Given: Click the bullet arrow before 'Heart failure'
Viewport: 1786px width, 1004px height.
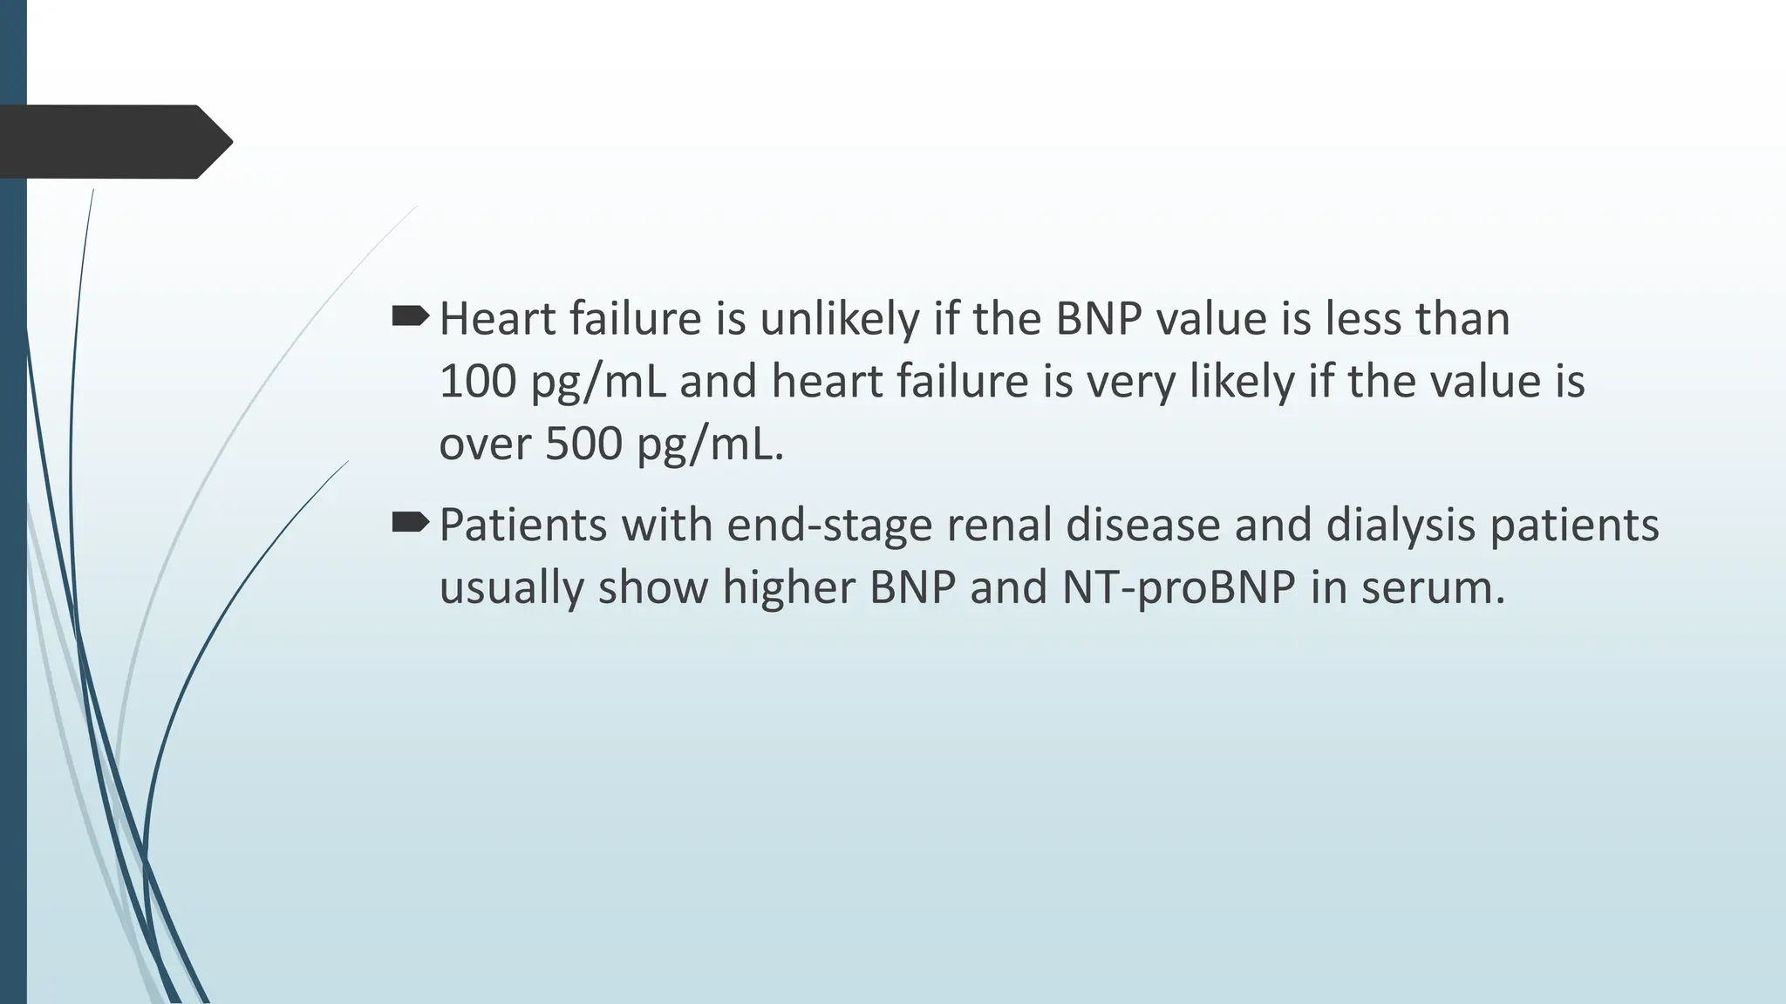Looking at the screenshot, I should pos(410,316).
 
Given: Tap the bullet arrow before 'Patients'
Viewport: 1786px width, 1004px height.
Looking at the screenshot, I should pos(410,523).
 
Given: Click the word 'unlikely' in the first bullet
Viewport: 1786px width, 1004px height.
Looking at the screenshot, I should pos(839,319).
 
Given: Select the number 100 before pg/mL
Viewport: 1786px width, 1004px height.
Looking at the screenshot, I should pos(477,382).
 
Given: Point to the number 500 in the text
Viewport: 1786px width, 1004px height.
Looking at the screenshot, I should pos(583,444).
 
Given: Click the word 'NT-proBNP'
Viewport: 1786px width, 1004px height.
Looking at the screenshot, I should pos(1178,587).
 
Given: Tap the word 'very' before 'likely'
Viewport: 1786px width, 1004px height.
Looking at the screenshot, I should pos(1131,383).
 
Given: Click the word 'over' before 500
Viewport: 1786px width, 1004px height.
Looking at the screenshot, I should pos(485,444).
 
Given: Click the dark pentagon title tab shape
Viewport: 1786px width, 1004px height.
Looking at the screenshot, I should pos(113,142).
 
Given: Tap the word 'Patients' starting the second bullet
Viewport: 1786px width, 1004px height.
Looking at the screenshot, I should pos(522,526).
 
